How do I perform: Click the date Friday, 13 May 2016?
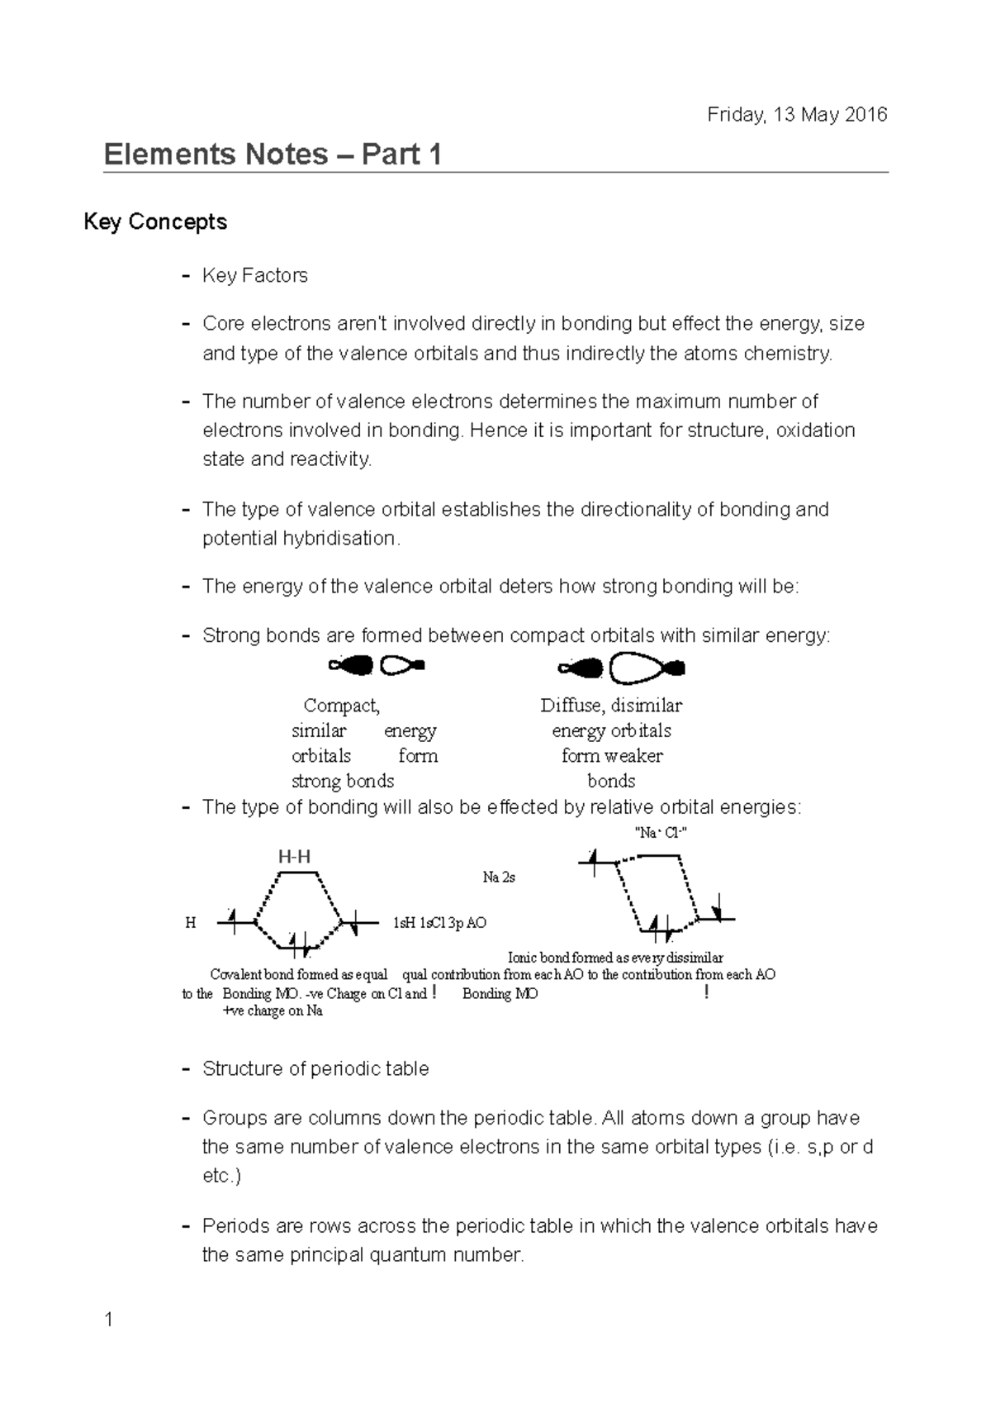pyautogui.click(x=797, y=115)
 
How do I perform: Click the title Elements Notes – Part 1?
pyautogui.click(x=273, y=155)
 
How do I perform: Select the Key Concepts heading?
pyautogui.click(x=155, y=222)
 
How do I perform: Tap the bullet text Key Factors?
pyautogui.click(x=254, y=275)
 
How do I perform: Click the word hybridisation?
pyautogui.click(x=339, y=538)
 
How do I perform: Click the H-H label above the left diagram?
pyautogui.click(x=294, y=857)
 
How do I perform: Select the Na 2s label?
pyautogui.click(x=499, y=877)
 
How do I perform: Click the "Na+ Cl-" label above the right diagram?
pyautogui.click(x=660, y=833)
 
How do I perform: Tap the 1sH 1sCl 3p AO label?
pyautogui.click(x=439, y=923)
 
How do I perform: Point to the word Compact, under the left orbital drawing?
pyautogui.click(x=342, y=706)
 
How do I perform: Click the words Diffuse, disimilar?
pyautogui.click(x=611, y=706)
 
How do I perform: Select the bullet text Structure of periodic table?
pyautogui.click(x=315, y=1068)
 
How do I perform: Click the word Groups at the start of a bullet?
pyautogui.click(x=228, y=1118)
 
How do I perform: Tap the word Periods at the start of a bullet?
pyautogui.click(x=230, y=1225)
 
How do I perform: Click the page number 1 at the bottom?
pyautogui.click(x=108, y=1320)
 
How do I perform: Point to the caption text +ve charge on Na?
pyautogui.click(x=273, y=1011)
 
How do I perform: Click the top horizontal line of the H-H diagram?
pyautogui.click(x=297, y=872)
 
